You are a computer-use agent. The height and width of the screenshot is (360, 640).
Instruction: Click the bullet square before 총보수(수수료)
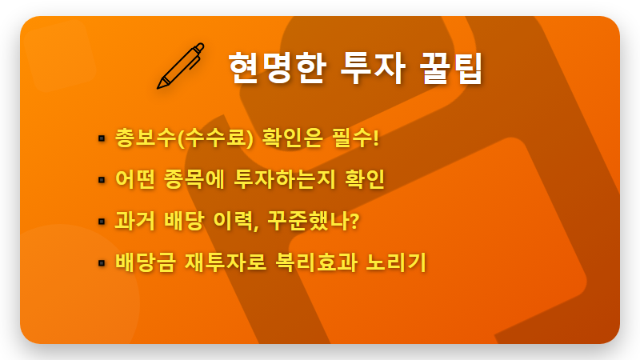102,138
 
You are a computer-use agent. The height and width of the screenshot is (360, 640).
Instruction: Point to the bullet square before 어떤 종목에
102,179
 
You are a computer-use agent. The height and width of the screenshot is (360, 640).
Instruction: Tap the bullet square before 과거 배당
102,221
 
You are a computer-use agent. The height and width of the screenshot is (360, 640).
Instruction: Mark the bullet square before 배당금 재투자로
102,262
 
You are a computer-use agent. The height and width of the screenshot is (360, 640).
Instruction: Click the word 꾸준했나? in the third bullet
315,221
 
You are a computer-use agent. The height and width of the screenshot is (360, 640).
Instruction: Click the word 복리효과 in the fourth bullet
315,262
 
